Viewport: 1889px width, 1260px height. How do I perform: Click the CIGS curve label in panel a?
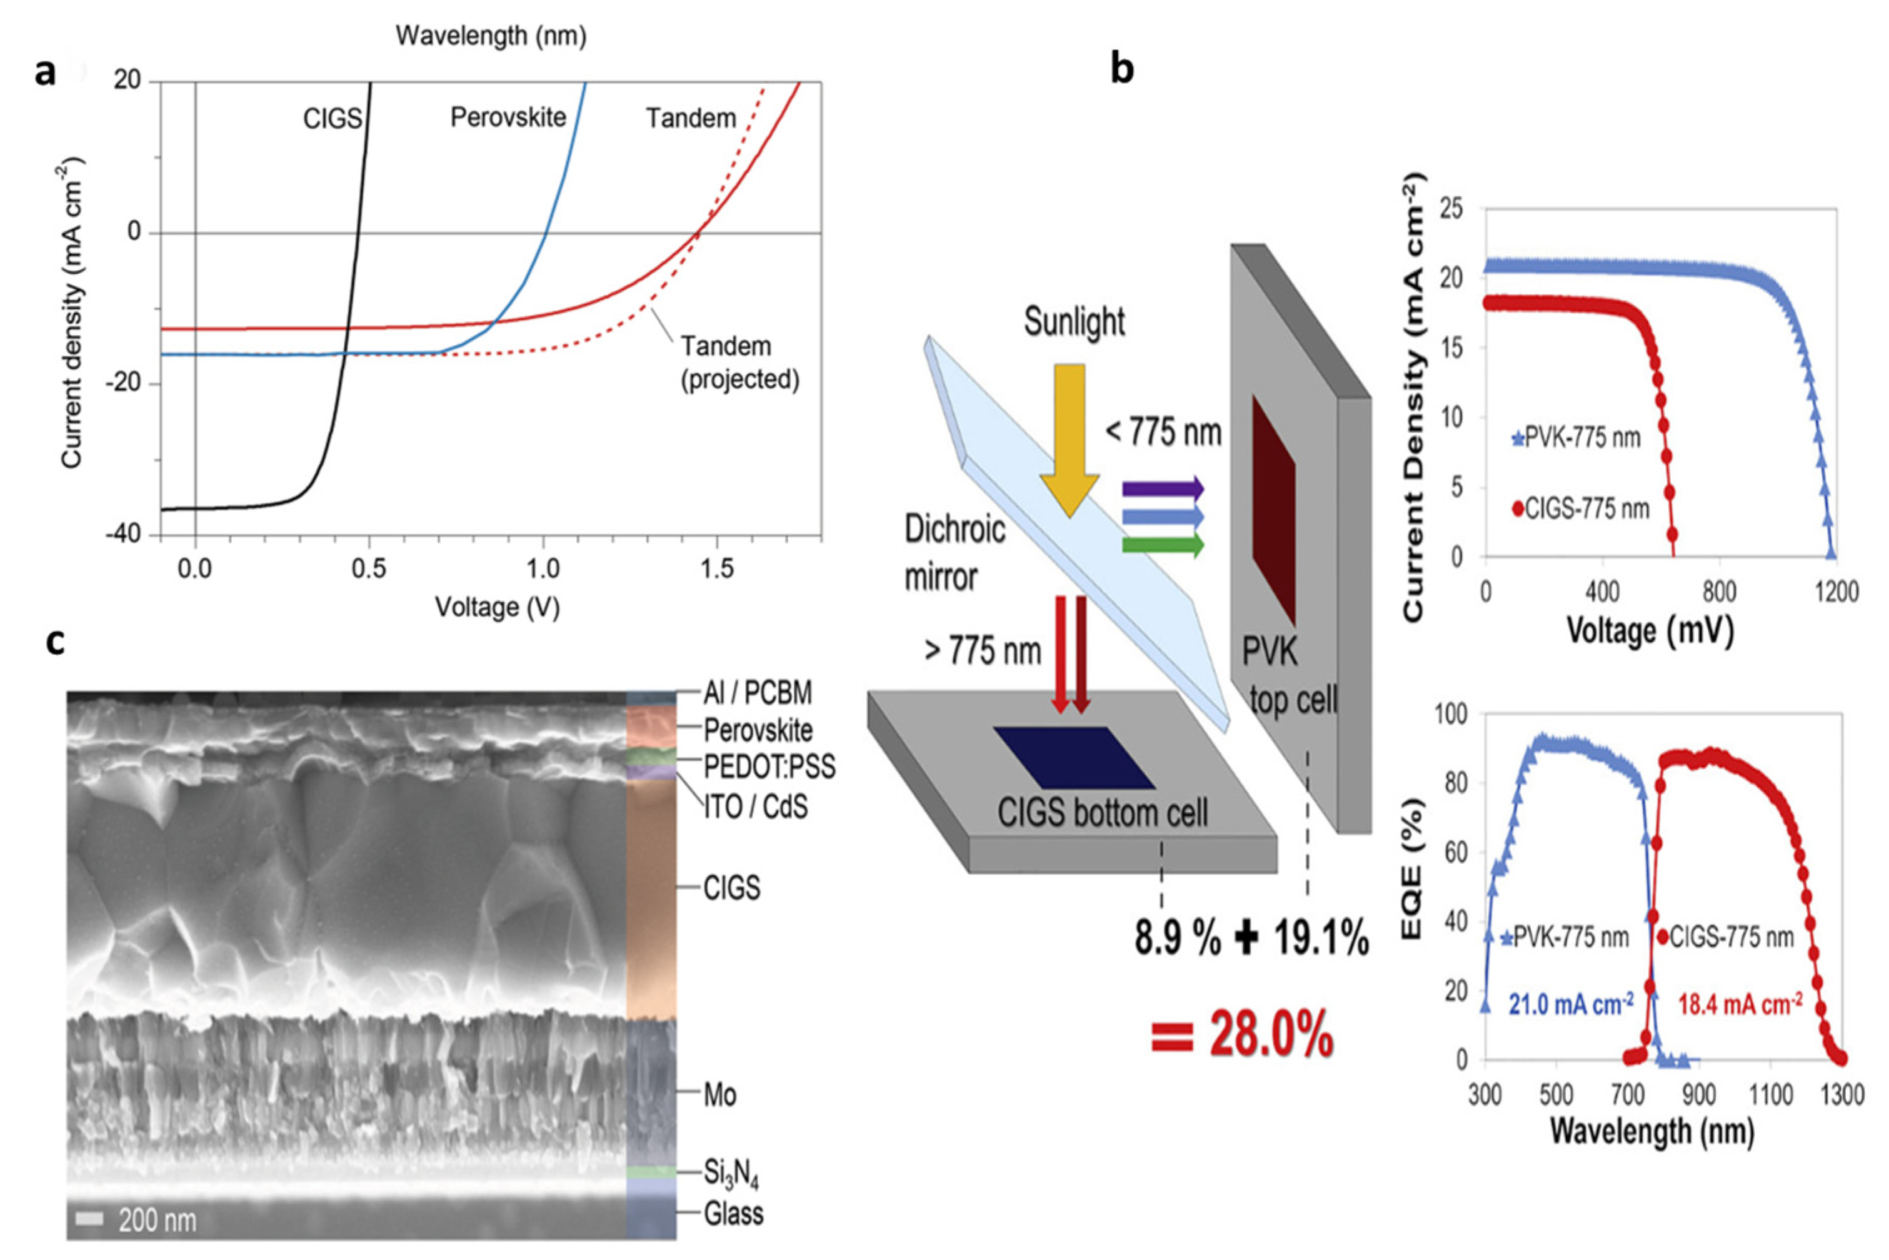pos(333,119)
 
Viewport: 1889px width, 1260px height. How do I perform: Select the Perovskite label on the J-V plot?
pos(508,118)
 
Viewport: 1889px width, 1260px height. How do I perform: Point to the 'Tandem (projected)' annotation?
pos(739,363)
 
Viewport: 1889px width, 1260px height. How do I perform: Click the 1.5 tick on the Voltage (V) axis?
pos(716,570)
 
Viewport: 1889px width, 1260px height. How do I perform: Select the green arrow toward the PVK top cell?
pos(1162,547)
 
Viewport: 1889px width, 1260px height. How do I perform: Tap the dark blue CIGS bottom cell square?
pos(1073,758)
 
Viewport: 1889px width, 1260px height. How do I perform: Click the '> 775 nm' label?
pos(982,651)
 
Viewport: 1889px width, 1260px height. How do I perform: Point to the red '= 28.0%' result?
pos(1241,1037)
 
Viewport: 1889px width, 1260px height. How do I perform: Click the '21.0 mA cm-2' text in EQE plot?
pos(1570,1004)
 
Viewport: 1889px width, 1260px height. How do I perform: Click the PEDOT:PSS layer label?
pos(769,767)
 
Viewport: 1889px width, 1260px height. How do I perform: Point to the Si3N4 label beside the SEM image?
pos(731,1175)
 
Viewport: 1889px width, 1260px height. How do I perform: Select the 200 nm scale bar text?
pos(157,1221)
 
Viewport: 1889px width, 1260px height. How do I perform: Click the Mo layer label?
pos(719,1094)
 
